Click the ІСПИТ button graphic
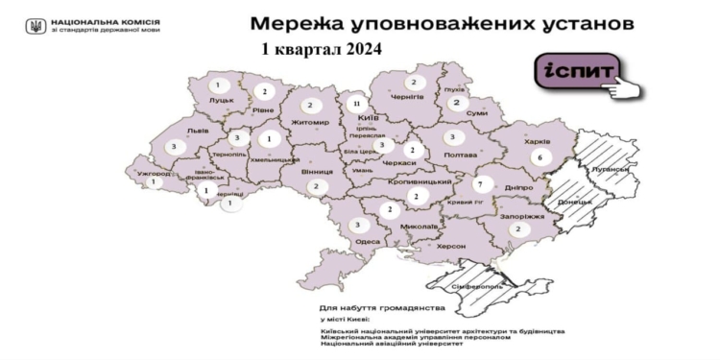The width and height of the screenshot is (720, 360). [574, 74]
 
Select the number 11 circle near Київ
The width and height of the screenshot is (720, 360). [357, 103]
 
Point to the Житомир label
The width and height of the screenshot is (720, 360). [311, 123]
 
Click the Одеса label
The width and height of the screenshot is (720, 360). [367, 242]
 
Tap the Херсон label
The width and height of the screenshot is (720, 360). [450, 247]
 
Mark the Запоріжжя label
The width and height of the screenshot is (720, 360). [523, 217]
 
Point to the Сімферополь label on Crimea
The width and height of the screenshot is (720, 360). [487, 286]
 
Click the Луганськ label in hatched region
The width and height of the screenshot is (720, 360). [612, 170]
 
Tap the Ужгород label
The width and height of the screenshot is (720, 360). [155, 175]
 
